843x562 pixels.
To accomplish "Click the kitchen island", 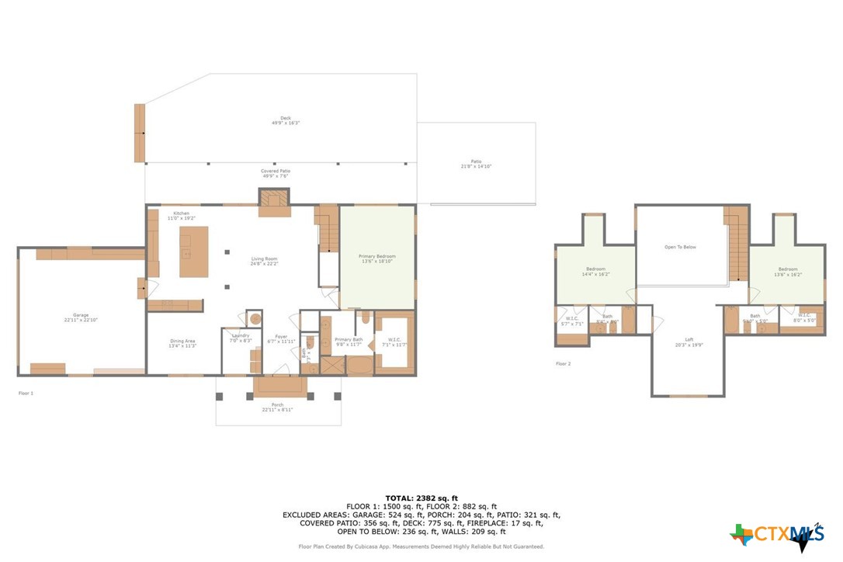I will point(193,252).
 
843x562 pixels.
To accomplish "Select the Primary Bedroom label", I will point(376,256).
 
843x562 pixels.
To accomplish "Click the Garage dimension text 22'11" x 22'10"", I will point(80,320).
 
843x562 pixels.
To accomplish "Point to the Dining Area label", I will point(182,342).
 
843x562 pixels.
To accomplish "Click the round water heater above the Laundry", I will point(253,318).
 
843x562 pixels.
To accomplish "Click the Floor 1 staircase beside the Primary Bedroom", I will point(328,229).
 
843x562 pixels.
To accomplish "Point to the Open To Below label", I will point(680,248).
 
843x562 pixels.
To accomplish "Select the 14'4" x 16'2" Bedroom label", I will point(596,272).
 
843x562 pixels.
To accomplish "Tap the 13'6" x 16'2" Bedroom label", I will point(787,272).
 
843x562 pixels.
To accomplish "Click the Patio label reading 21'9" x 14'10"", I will point(476,164).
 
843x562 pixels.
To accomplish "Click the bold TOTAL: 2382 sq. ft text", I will point(421,498).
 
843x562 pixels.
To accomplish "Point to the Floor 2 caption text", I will point(563,363).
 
